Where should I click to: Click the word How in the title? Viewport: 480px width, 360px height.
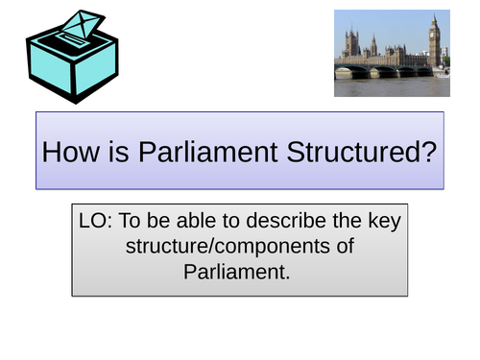click(x=71, y=152)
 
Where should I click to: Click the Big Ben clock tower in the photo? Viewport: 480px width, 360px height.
click(x=434, y=43)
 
